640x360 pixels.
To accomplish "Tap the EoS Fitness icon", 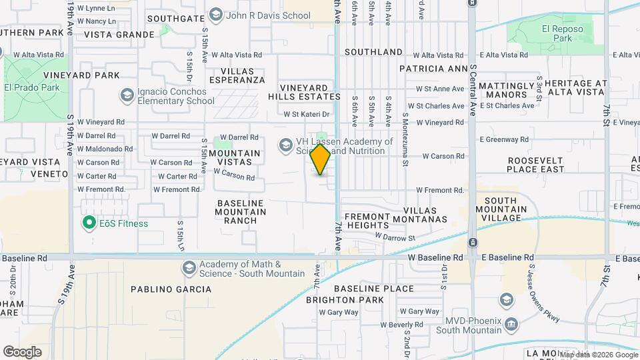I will coord(89,223).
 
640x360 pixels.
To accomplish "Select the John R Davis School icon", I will coord(215,15).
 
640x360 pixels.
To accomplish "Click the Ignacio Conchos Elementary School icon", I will coord(127,95).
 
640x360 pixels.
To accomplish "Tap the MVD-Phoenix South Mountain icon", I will coord(511,325).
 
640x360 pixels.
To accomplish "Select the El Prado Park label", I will coord(32,87).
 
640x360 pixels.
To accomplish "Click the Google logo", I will coord(22,351).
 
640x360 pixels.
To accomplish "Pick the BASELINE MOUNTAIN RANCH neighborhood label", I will coord(240,212).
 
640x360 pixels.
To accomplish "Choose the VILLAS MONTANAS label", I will coord(425,214).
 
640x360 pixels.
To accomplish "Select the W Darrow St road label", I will coord(395,237).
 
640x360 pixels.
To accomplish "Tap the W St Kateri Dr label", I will coord(307,115).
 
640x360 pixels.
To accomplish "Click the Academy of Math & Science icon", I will coord(189,268).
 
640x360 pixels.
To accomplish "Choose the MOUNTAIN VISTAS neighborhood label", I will coord(235,158).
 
